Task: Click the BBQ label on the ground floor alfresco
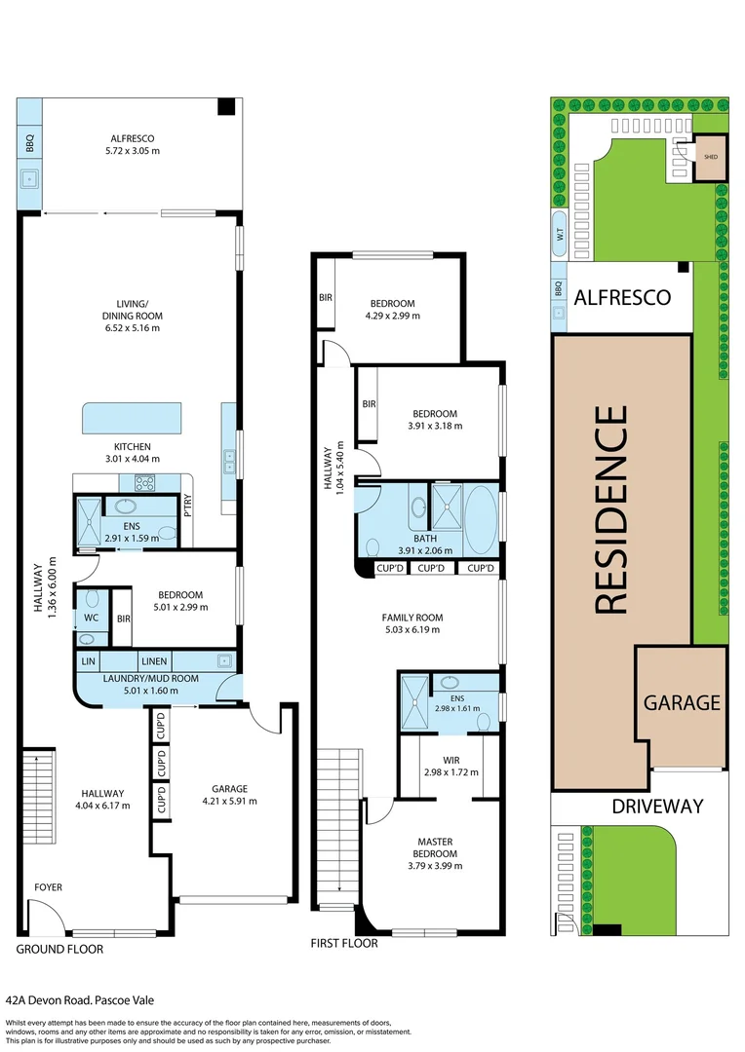(30, 144)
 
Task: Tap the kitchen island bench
(133, 418)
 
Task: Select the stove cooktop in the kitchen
(144, 482)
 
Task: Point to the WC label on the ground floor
(91, 618)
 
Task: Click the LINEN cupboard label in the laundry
(154, 660)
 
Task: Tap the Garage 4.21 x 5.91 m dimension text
(229, 802)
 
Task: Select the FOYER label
(49, 887)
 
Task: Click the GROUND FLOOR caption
(59, 948)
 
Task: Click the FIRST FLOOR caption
(343, 943)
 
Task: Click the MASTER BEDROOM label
(435, 847)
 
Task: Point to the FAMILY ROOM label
(412, 618)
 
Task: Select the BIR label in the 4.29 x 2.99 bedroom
(325, 297)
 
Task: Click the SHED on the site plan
(710, 157)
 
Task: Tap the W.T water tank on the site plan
(560, 234)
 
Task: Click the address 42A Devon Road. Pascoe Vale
(80, 999)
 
